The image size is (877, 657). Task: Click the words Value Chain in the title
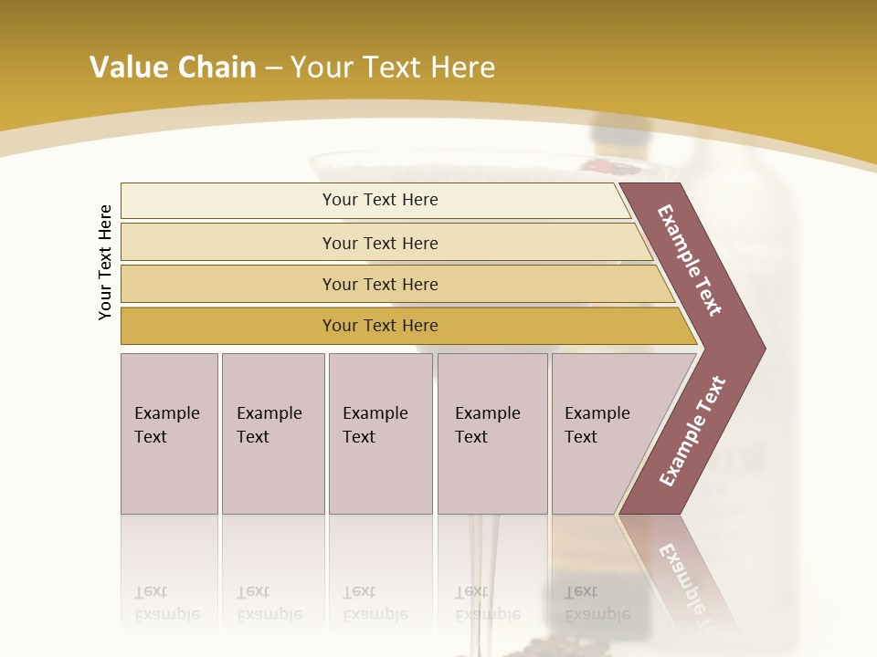[173, 68]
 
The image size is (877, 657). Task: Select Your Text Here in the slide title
[393, 68]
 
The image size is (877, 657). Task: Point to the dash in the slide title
[273, 68]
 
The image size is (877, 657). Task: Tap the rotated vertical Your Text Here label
[106, 262]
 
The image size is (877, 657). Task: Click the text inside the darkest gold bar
[380, 326]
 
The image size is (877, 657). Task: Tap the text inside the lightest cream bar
[380, 200]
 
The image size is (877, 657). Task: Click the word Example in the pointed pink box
[597, 413]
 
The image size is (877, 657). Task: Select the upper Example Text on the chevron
[690, 261]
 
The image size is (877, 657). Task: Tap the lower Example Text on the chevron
[692, 432]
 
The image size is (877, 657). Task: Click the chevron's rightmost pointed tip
[763, 349]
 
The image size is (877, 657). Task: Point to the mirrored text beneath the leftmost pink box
[166, 603]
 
